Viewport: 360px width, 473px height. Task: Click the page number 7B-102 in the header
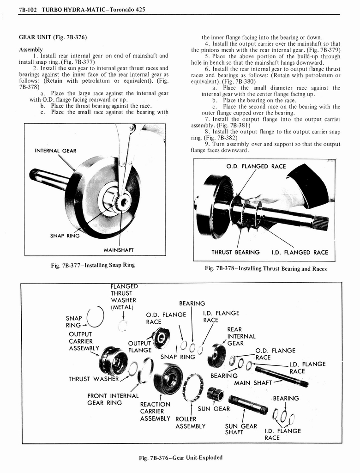pos(29,9)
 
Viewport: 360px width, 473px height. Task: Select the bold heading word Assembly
pos(31,49)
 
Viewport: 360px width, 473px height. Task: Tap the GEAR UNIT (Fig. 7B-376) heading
pos(53,37)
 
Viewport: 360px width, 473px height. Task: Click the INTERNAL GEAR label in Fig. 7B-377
pos(55,151)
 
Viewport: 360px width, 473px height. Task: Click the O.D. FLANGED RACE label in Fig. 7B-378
pos(256,166)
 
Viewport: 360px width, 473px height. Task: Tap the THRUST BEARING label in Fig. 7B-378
pos(235,252)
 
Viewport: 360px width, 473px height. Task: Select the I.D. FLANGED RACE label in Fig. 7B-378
pos(300,252)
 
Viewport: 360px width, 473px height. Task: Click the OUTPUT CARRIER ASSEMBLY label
pos(84,341)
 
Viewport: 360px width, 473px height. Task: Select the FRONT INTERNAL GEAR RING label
pos(113,399)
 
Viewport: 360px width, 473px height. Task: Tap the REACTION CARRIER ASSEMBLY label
pos(155,411)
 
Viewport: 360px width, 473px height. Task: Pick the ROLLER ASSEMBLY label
pos(190,423)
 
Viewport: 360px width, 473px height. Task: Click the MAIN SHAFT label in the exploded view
pos(253,382)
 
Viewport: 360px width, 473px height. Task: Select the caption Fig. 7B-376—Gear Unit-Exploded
pos(180,457)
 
